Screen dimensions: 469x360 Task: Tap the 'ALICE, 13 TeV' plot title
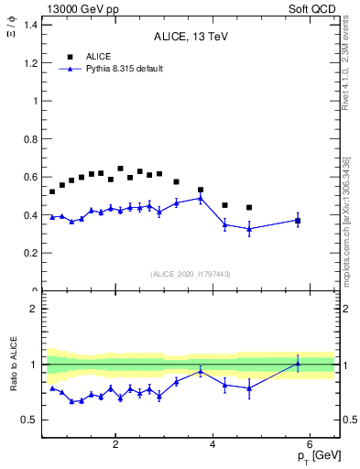pyautogui.click(x=190, y=37)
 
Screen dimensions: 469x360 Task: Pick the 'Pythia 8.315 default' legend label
pyautogui.click(x=124, y=69)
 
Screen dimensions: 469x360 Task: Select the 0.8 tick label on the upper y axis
pyautogui.click(x=31, y=139)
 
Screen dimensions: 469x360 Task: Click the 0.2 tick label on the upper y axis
pyautogui.click(x=31, y=253)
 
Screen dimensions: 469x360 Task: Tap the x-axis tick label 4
pyautogui.click(x=213, y=445)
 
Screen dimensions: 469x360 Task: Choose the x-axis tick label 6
pyautogui.click(x=311, y=445)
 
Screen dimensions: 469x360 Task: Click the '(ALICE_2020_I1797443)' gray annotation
pyautogui.click(x=190, y=274)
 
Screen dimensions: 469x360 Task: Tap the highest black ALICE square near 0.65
pyautogui.click(x=120, y=169)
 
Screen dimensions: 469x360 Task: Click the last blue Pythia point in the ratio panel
pyautogui.click(x=298, y=364)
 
